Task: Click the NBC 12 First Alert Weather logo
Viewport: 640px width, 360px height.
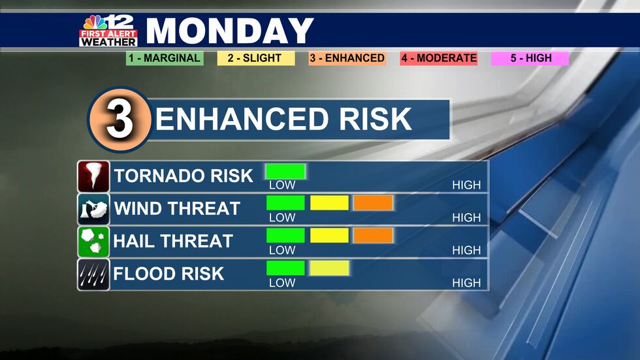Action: [x=108, y=30]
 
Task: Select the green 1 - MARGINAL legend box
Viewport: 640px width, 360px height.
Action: [x=165, y=58]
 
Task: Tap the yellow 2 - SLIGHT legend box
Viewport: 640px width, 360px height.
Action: [x=255, y=58]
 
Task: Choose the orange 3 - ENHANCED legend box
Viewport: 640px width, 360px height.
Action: [x=347, y=58]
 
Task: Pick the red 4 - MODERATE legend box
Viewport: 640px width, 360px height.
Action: [x=438, y=58]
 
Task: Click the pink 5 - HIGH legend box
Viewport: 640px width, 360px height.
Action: [x=531, y=58]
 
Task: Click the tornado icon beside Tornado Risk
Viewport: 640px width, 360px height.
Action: [x=93, y=176]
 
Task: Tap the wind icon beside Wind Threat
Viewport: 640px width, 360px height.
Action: [x=93, y=209]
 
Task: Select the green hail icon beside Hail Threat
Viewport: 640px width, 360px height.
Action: [x=93, y=242]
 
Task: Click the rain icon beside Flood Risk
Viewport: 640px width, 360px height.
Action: [x=93, y=274]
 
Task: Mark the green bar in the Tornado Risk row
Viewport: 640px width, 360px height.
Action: [x=285, y=171]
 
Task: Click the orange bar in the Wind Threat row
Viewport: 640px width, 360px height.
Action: [x=373, y=203]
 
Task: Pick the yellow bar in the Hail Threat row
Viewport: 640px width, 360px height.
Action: [x=329, y=235]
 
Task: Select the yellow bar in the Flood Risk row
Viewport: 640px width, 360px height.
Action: [x=329, y=268]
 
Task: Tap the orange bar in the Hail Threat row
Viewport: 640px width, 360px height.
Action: [x=373, y=235]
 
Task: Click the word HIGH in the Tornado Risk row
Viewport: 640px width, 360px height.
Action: [x=466, y=186]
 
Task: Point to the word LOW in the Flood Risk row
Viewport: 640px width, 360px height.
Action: [x=282, y=284]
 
